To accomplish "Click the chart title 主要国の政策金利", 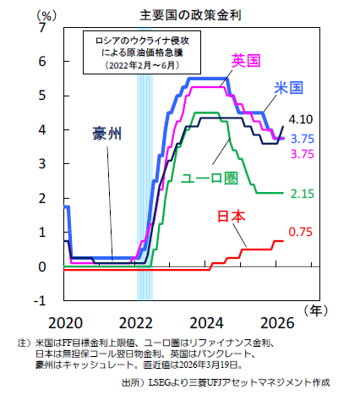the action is [x=190, y=15].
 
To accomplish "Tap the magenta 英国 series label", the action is [x=246, y=61].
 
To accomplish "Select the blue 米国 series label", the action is [x=289, y=88].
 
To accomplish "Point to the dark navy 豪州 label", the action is [x=107, y=134].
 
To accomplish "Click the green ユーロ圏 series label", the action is [x=210, y=178].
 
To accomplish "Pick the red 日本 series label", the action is [x=232, y=217].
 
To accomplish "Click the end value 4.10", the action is [x=301, y=119].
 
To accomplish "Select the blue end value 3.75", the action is [x=303, y=139].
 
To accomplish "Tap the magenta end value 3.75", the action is [x=303, y=154].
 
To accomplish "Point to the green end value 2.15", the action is [x=303, y=194].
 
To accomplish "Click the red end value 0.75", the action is [x=301, y=232].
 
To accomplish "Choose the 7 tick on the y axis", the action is [x=42, y=28].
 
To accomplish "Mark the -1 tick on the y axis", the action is [x=40, y=301].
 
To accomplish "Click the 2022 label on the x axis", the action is [x=136, y=323].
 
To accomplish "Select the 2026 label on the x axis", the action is [x=277, y=323].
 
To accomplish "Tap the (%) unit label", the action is [x=46, y=15].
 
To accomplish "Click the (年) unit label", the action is [x=316, y=310].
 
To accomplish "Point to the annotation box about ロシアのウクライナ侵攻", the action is [x=142, y=52].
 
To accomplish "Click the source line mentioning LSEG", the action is [x=226, y=382].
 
